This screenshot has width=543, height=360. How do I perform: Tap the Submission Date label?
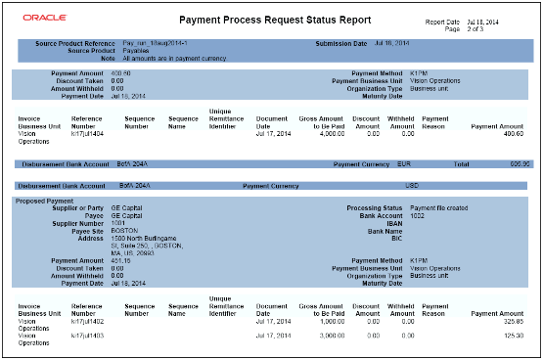pos(340,44)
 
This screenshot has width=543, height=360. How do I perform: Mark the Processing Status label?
pos(373,207)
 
